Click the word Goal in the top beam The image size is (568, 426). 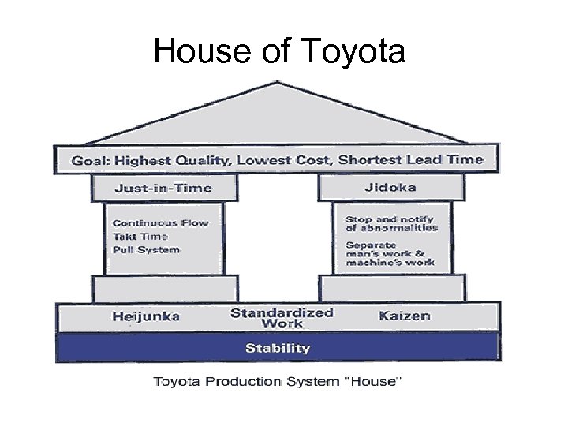pos(90,160)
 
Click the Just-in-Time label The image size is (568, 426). pos(163,188)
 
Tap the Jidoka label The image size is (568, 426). pos(390,188)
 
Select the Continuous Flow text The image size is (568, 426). pos(160,222)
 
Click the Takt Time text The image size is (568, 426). pos(140,236)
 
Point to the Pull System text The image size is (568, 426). pos(145,249)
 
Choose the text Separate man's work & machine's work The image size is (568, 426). pos(390,253)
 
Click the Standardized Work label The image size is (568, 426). pos(282,317)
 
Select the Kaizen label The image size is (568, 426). pos(405,316)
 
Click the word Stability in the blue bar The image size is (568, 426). pos(277,348)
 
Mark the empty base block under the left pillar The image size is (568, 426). pos(164,288)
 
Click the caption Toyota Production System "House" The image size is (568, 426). pos(278,382)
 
